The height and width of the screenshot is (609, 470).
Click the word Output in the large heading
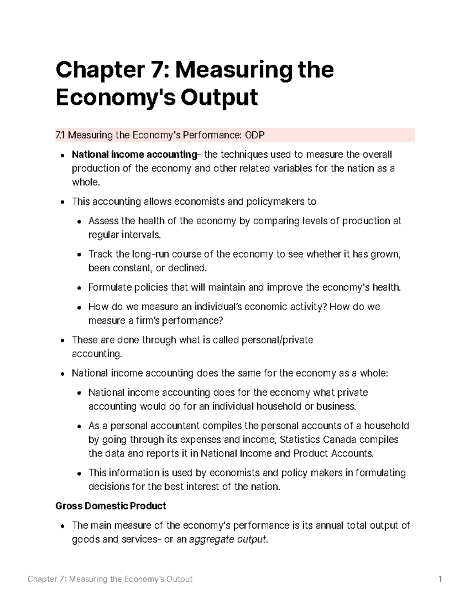point(219,97)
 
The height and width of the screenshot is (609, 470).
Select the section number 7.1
point(61,135)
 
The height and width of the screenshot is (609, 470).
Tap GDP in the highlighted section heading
point(255,135)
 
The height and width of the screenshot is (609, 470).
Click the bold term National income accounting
point(134,155)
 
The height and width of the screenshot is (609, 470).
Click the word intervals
point(141,235)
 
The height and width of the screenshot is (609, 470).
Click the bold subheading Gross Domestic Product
point(111,506)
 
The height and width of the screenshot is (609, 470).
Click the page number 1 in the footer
point(440,579)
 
